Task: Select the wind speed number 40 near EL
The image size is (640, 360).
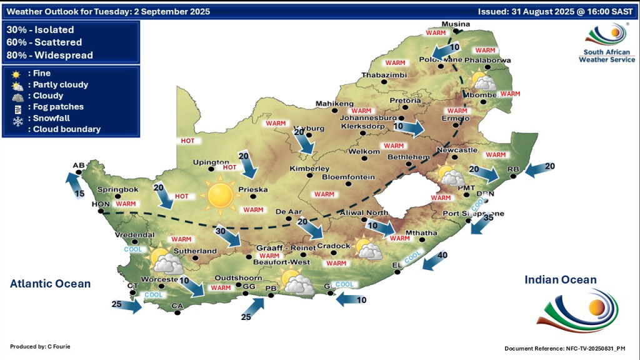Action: tap(442, 254)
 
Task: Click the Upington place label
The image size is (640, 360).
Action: tap(211, 162)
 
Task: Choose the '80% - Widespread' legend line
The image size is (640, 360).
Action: tap(49, 55)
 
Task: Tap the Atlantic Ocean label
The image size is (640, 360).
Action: tap(50, 284)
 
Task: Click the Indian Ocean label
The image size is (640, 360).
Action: tap(561, 280)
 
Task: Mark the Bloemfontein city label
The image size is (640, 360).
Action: tap(347, 177)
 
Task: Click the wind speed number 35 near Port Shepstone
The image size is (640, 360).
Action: tap(488, 217)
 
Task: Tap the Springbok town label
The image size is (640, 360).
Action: tap(117, 189)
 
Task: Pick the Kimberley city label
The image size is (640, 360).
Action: tap(309, 169)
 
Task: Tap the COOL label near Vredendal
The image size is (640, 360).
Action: tap(133, 249)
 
